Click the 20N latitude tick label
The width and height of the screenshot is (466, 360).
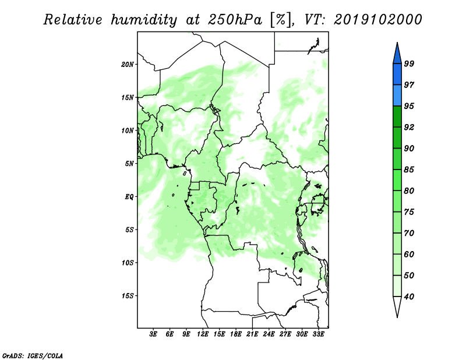(128, 65)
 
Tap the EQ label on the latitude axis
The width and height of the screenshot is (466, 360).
(129, 197)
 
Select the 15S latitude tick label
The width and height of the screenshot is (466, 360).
(128, 296)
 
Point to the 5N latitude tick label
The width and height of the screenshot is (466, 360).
(129, 164)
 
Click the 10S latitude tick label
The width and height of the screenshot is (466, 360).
(128, 263)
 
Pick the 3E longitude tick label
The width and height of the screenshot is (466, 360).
(153, 334)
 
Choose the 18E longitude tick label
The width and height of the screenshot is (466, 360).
(236, 334)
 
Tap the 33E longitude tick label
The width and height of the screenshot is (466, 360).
(318, 334)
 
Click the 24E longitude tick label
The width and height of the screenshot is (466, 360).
(269, 334)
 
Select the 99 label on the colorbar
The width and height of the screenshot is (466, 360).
(409, 63)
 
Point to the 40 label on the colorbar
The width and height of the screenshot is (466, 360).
(409, 297)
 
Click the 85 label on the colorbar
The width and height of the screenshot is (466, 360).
(409, 170)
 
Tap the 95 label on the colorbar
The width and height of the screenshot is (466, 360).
(409, 106)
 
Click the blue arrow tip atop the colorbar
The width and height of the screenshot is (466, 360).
(397, 43)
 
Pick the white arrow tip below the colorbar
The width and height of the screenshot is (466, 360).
(397, 317)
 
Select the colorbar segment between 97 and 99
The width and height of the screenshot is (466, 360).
(397, 75)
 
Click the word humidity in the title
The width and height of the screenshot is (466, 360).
(144, 20)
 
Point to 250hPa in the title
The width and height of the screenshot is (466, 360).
(235, 20)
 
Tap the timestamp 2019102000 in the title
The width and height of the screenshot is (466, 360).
(377, 20)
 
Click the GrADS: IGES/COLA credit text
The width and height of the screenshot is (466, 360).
(33, 355)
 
